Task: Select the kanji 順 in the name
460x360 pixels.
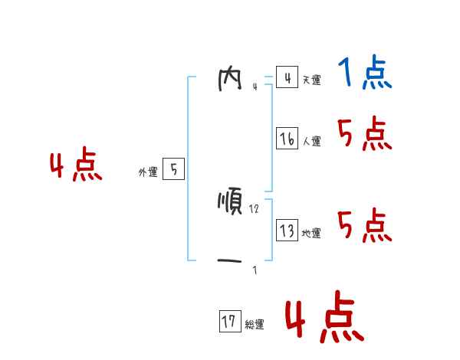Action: click(x=230, y=203)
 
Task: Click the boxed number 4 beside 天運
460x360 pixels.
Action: click(x=287, y=77)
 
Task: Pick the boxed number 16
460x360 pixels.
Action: click(x=287, y=139)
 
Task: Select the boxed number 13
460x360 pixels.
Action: click(x=287, y=230)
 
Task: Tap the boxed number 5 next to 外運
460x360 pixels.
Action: click(x=173, y=169)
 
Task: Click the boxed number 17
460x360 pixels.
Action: click(x=229, y=322)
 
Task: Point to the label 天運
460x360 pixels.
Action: click(x=311, y=80)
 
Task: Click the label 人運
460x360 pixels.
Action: click(x=311, y=142)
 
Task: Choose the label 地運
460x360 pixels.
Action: click(x=311, y=234)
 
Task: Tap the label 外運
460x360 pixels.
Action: click(x=148, y=172)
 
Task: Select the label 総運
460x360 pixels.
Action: click(x=255, y=325)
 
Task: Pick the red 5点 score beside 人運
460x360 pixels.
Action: click(x=365, y=136)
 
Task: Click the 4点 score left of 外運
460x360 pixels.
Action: click(x=76, y=167)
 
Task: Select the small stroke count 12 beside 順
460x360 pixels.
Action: click(x=254, y=210)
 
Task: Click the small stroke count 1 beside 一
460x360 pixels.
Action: click(x=255, y=270)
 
